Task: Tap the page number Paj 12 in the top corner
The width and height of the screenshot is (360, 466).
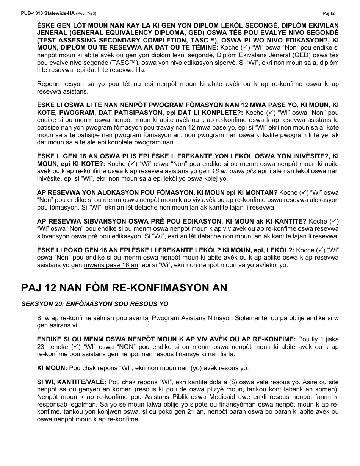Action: pos(329,13)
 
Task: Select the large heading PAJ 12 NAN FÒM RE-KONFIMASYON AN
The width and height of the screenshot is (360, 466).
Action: pos(124,288)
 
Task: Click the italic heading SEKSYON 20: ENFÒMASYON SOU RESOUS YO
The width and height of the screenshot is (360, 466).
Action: pos(95,304)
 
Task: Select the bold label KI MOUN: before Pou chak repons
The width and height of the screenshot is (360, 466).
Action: pos(52,368)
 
